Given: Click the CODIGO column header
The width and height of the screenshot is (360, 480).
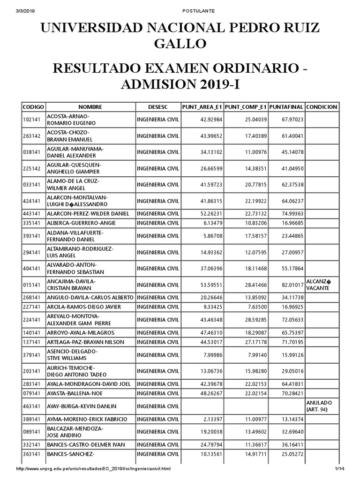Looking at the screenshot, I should coord(33,107).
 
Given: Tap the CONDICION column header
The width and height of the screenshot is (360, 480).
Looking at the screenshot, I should coord(322,107).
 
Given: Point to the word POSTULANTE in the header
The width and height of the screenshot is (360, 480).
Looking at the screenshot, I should coord(180,10).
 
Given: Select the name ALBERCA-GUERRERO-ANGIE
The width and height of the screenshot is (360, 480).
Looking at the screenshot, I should coord(81,223).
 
